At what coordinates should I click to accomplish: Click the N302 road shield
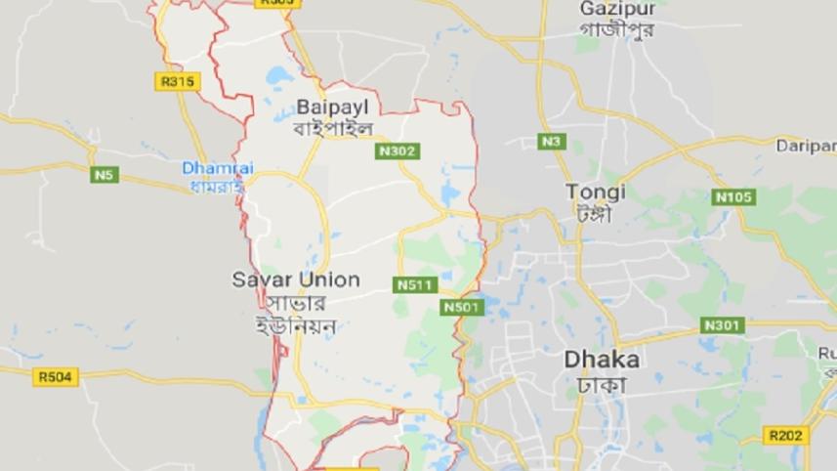tap(397, 150)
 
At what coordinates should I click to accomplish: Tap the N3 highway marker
tap(552, 142)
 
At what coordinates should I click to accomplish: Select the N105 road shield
tap(734, 197)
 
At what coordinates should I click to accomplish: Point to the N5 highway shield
tap(105, 175)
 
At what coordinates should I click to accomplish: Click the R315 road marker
tap(177, 81)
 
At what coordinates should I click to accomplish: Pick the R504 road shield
tap(54, 376)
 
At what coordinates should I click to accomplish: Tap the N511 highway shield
tap(415, 285)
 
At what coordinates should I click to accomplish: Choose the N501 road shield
tap(462, 307)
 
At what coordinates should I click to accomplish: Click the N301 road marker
tap(724, 324)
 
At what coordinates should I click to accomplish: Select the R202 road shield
tap(786, 435)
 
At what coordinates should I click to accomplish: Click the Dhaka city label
tap(602, 360)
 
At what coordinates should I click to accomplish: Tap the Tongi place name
tap(596, 192)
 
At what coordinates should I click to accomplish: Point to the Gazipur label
tap(616, 8)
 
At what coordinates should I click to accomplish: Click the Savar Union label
tap(296, 279)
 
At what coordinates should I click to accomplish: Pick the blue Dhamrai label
tap(217, 168)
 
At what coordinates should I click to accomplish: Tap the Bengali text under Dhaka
tap(602, 384)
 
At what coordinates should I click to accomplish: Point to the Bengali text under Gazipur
tap(617, 29)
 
